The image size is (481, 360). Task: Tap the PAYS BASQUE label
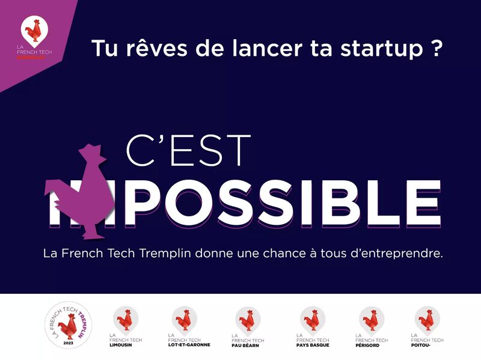point(313,345)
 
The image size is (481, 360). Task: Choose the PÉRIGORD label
point(367,345)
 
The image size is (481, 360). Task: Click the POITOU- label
point(423,345)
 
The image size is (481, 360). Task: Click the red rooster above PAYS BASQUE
point(313,318)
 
